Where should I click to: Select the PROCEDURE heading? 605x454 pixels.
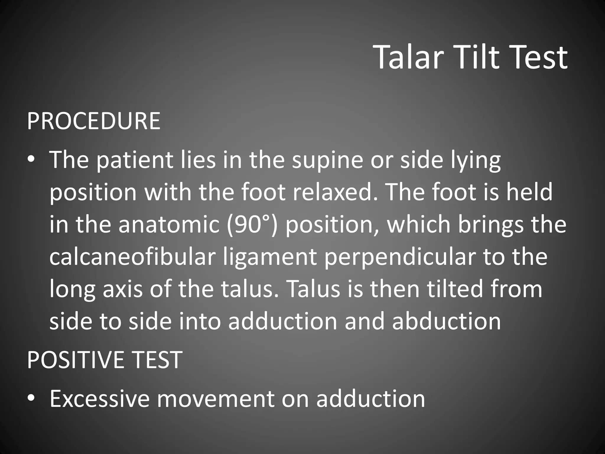pos(94,121)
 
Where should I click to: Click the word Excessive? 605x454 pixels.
pos(100,399)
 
